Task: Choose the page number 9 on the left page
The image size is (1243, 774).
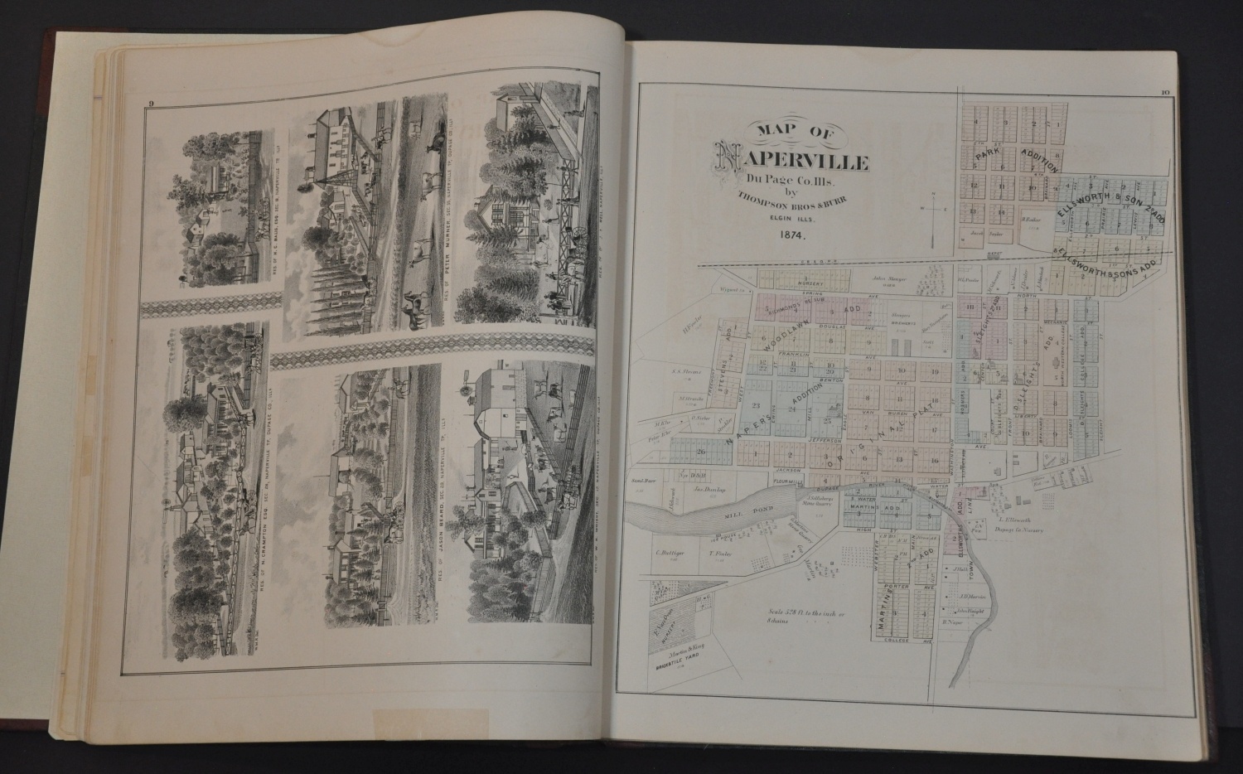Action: coord(152,104)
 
